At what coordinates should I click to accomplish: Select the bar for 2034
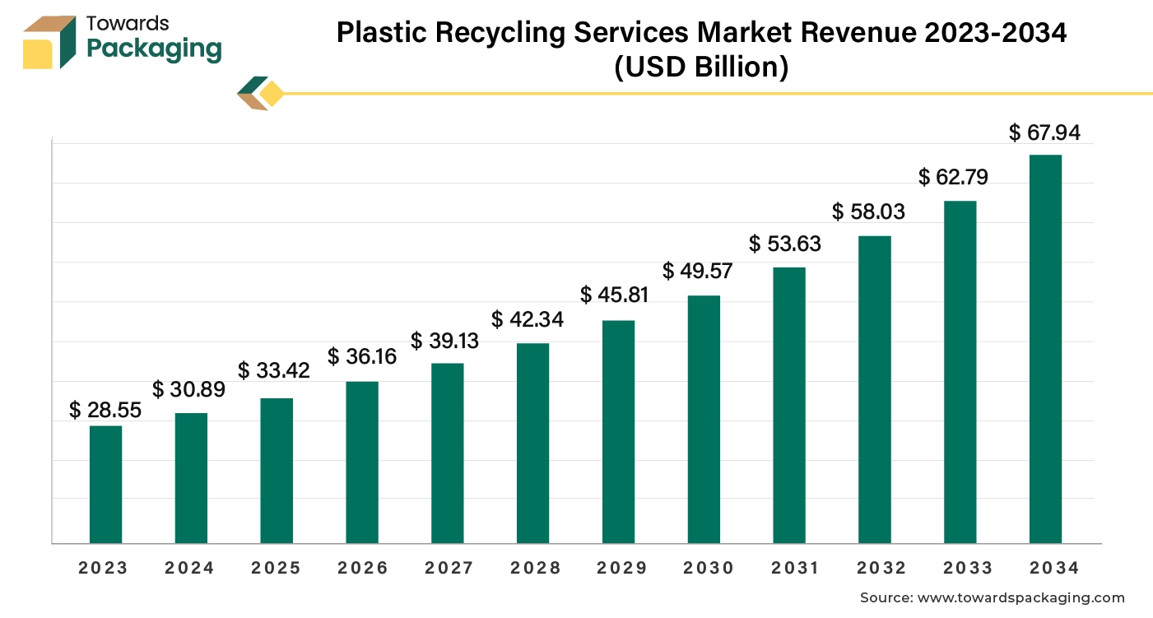pos(1045,349)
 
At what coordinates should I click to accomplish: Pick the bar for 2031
pos(789,405)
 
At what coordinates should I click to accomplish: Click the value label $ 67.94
pos(1044,132)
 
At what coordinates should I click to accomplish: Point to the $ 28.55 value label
pos(105,409)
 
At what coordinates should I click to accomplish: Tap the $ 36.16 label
pos(362,357)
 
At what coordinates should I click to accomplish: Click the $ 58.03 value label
pos(868,211)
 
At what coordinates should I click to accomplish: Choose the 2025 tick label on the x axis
pos(277,568)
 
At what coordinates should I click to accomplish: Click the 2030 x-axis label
pos(704,568)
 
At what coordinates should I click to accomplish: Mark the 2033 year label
pos(960,568)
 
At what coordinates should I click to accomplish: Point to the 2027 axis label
pos(448,568)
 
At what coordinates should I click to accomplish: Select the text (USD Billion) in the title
pos(701,67)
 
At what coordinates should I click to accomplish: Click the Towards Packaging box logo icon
pos(50,41)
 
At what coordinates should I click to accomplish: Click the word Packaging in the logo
pos(154,49)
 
